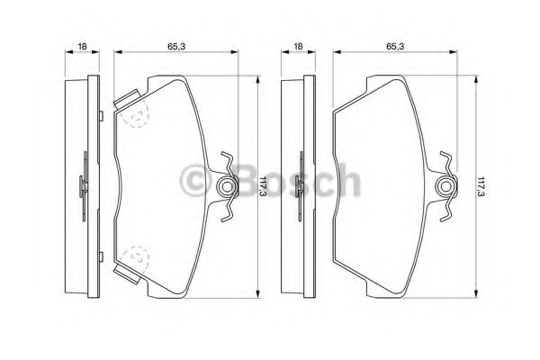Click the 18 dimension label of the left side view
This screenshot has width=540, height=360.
(x=82, y=46)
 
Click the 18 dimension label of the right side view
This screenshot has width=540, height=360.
(x=298, y=46)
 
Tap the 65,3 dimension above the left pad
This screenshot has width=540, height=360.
(x=176, y=46)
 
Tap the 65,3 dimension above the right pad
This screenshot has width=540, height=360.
(x=395, y=46)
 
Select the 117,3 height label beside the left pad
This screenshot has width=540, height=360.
(x=264, y=186)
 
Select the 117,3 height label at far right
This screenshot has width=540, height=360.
(x=481, y=186)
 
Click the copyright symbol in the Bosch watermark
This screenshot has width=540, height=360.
(x=195, y=180)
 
